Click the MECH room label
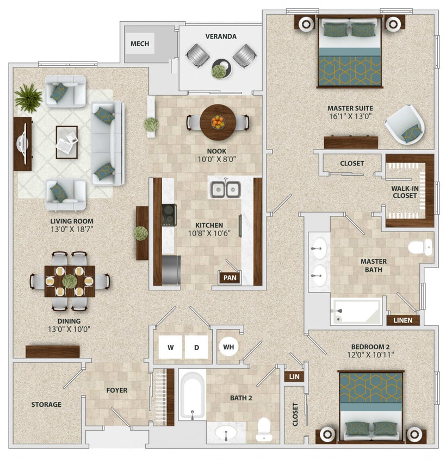click(140, 44)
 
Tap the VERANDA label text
click(220, 36)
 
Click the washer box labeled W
click(170, 346)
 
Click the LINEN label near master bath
click(403, 320)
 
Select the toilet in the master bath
click(420, 246)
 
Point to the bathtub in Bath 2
click(192, 395)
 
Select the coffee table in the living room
click(66, 141)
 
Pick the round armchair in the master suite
click(406, 125)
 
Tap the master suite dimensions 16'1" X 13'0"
click(349, 117)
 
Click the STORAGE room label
click(46, 404)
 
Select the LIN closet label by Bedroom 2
click(294, 376)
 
